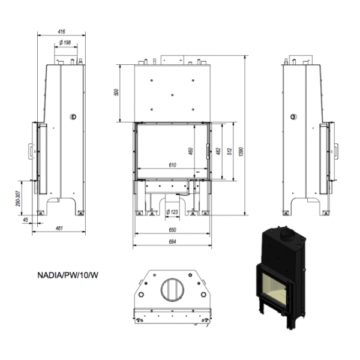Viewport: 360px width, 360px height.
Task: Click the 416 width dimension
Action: pyautogui.click(x=62, y=31)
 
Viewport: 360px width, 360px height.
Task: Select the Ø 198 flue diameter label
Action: pyautogui.click(x=65, y=43)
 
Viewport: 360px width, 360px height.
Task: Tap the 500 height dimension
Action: pyautogui.click(x=116, y=92)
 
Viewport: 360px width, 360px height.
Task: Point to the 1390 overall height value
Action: pyautogui.click(x=241, y=152)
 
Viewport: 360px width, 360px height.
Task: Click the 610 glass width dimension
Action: pyautogui.click(x=172, y=165)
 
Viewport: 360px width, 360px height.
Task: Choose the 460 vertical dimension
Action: pyautogui.click(x=191, y=151)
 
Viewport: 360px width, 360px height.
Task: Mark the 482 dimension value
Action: pyautogui.click(x=218, y=151)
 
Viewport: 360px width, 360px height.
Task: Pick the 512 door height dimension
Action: pyautogui.click(x=230, y=152)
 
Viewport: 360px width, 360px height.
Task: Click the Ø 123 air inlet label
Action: pyautogui.click(x=172, y=212)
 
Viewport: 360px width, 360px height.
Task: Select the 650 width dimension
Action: pyautogui.click(x=172, y=230)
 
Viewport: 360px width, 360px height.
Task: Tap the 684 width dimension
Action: pyautogui.click(x=172, y=242)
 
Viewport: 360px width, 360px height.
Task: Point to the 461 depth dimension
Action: pyautogui.click(x=59, y=228)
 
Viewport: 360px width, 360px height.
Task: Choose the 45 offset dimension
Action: pyautogui.click(x=25, y=220)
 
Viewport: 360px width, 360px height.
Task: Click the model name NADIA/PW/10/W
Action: pyautogui.click(x=68, y=275)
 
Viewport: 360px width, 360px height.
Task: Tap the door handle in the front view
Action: pyautogui.click(x=208, y=151)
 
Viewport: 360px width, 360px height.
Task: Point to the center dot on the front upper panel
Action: pyautogui.click(x=172, y=95)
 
